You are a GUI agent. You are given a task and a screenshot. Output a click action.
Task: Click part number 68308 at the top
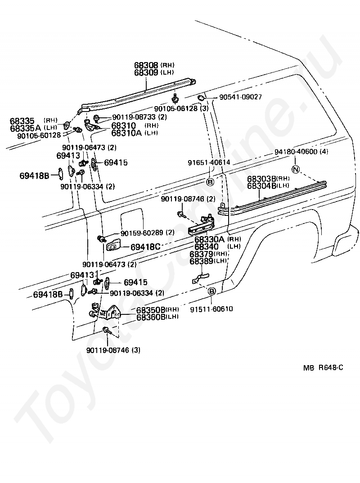[x=146, y=65]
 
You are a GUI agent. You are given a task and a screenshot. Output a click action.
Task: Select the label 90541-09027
[x=240, y=97]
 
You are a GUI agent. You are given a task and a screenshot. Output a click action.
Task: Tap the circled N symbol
[x=295, y=169]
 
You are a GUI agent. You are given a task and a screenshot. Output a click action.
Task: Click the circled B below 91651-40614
[x=210, y=182]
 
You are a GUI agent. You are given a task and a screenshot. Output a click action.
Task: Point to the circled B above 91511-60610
[x=211, y=291]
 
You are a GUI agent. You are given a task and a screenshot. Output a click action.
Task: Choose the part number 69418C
[x=145, y=247]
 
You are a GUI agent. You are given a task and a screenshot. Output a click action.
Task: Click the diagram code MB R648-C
[x=323, y=367]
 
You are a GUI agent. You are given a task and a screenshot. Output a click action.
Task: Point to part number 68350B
[x=151, y=309]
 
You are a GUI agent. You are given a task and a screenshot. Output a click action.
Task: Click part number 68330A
[x=209, y=239]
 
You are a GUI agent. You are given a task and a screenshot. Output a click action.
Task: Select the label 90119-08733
[x=134, y=117]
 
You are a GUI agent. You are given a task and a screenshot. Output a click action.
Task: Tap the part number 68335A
[x=25, y=128]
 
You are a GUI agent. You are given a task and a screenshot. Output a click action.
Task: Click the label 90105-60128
[x=39, y=135]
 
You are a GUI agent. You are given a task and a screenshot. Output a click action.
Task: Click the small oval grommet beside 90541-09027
[x=200, y=98]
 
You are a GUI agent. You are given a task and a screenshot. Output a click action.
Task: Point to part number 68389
[x=202, y=261]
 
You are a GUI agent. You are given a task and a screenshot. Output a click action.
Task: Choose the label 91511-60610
[x=211, y=309]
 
